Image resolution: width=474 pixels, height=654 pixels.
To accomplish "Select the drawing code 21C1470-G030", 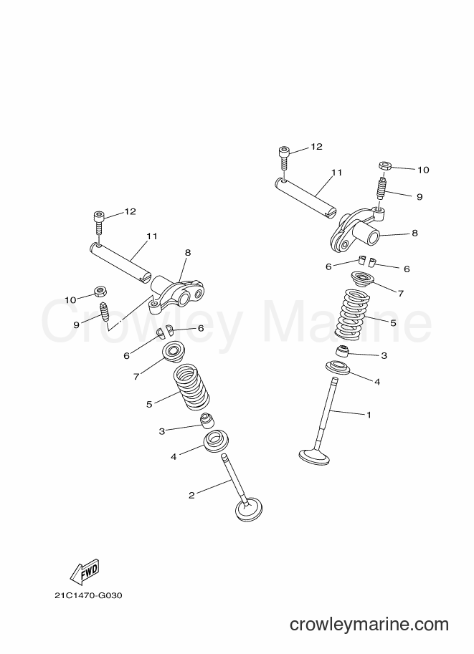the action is (x=88, y=595).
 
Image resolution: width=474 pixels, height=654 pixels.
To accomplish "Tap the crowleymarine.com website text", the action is (x=369, y=625).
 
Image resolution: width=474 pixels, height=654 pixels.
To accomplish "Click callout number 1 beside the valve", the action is (x=369, y=415).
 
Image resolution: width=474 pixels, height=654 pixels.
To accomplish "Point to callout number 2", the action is (x=191, y=496).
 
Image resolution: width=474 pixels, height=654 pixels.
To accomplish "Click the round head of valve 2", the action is (x=250, y=509).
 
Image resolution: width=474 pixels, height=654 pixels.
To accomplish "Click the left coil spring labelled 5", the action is (x=191, y=386).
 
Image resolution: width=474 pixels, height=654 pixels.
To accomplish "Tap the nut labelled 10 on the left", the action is (x=100, y=291).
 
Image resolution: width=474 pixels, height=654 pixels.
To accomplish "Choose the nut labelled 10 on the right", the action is (x=384, y=165).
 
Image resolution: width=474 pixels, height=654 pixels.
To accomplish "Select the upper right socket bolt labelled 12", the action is (x=284, y=158).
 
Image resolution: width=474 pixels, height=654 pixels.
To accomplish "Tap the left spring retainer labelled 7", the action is (x=173, y=351).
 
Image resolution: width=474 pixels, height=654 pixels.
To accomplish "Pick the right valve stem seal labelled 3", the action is (x=343, y=352).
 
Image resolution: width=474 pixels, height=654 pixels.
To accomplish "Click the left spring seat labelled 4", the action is (x=216, y=441).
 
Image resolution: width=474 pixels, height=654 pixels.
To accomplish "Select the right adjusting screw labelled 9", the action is (x=381, y=188).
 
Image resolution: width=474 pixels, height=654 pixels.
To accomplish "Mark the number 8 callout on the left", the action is (x=187, y=252).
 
